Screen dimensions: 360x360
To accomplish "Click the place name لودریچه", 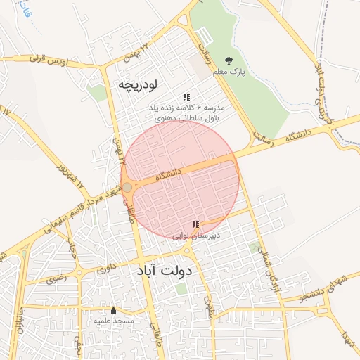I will (137, 84).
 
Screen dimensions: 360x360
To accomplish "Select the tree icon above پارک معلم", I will (228, 60).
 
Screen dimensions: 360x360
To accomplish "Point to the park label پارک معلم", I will (233, 72).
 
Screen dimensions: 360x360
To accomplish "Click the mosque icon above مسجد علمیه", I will (113, 310).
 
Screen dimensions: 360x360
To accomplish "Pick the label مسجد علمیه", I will (114, 321).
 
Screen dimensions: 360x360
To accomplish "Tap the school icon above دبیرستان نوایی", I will (195, 225).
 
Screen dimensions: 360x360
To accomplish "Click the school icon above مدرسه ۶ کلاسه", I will (186, 97).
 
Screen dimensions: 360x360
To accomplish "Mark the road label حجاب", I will (71, 248).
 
